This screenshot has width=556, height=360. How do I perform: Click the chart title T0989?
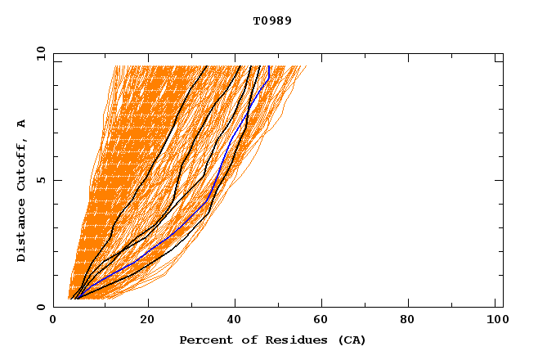point(272,21)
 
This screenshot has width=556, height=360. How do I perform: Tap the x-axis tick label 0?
point(53,320)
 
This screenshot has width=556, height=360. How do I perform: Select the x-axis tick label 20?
point(147,320)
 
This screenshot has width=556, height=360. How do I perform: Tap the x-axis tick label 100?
point(495,320)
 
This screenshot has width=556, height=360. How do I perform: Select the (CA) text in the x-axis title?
point(350,340)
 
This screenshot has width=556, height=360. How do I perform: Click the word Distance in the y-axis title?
point(21,230)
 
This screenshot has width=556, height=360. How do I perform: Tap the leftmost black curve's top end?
point(207,66)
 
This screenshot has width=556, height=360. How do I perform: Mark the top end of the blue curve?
point(269,66)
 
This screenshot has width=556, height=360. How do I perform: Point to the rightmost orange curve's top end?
point(306,66)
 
